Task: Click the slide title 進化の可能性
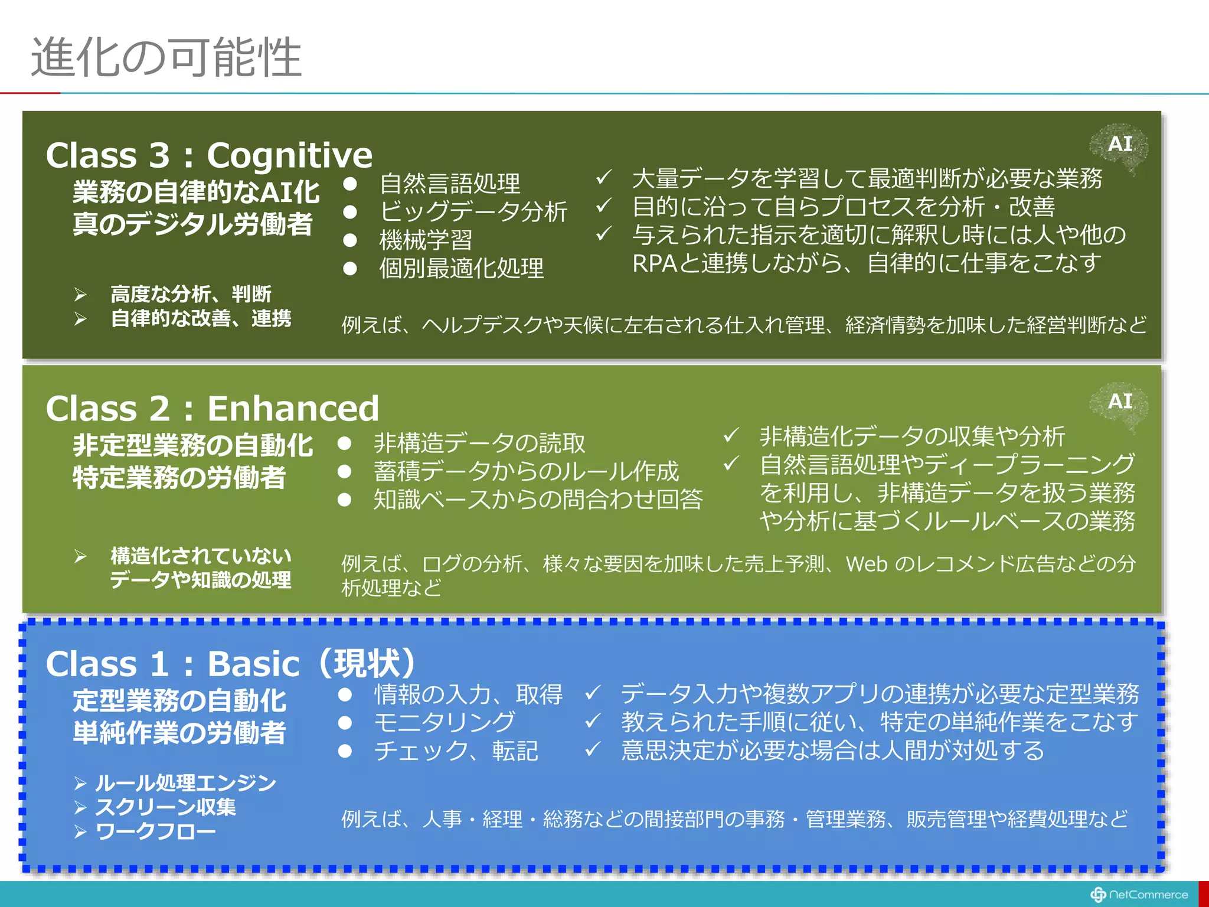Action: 166,57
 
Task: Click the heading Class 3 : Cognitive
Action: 209,155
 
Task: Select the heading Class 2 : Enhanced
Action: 212,409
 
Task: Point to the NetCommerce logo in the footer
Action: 1139,895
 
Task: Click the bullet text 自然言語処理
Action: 450,183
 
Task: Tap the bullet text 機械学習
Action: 426,240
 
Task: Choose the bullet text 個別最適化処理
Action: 461,268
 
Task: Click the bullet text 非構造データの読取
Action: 479,443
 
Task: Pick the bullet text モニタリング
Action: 445,722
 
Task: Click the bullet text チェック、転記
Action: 456,751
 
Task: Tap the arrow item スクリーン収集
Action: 166,807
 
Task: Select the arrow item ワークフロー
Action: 156,831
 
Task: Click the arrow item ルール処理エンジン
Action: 185,783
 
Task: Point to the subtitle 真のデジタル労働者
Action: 192,224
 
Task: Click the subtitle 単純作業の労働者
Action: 179,733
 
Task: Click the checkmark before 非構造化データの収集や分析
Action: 731,436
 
